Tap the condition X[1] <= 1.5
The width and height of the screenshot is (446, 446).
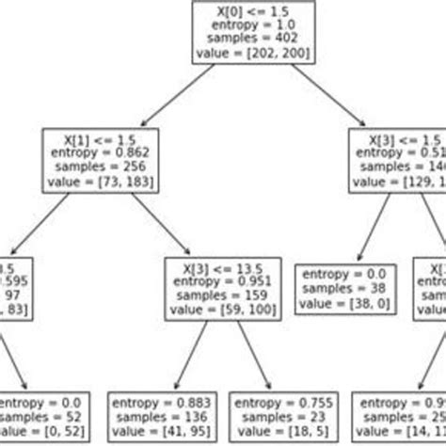[x=97, y=136]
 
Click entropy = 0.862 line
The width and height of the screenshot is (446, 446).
[x=97, y=151]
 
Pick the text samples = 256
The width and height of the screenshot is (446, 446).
[x=97, y=166]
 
